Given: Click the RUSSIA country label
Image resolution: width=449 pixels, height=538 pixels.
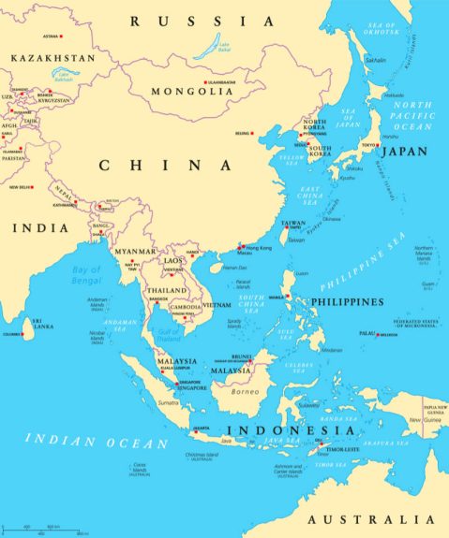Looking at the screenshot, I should pos(202,21).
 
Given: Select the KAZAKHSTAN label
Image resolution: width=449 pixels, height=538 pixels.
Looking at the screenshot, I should pos(53,58).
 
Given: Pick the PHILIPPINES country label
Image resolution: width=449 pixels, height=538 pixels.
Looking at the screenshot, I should pos(348,302).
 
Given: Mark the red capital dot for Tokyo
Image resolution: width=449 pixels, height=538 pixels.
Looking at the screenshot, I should pos(379,145).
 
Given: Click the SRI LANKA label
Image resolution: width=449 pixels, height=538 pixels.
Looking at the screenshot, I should pos(42,325).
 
